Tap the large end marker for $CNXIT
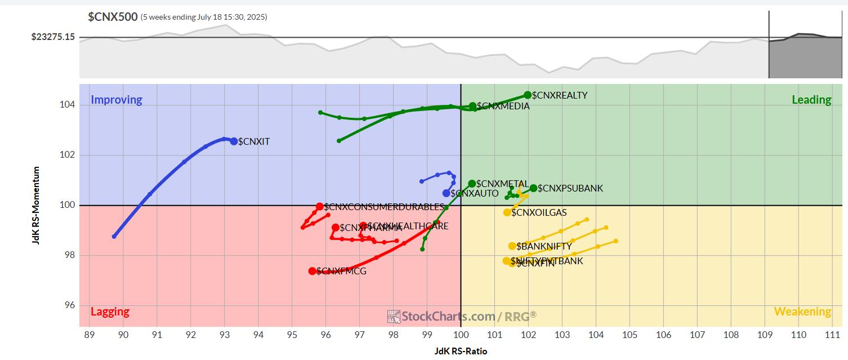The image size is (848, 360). [x=234, y=141]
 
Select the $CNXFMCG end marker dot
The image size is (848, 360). [x=313, y=271]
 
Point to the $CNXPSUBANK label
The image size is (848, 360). [x=570, y=188]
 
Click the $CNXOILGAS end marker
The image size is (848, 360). [x=507, y=212]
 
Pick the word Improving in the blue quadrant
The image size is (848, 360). [x=117, y=100]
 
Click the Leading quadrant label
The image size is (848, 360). [x=811, y=100]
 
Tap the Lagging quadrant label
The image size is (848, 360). [x=110, y=312]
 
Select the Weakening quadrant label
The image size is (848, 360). [x=802, y=312]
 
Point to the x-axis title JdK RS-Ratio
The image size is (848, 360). [x=461, y=351]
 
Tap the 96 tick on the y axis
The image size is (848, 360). [x=69, y=305]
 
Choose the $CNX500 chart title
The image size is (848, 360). [x=113, y=17]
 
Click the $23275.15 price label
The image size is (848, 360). [x=53, y=38]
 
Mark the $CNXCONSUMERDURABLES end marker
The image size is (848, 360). [x=320, y=207]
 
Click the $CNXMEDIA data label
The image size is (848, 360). [x=503, y=106]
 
